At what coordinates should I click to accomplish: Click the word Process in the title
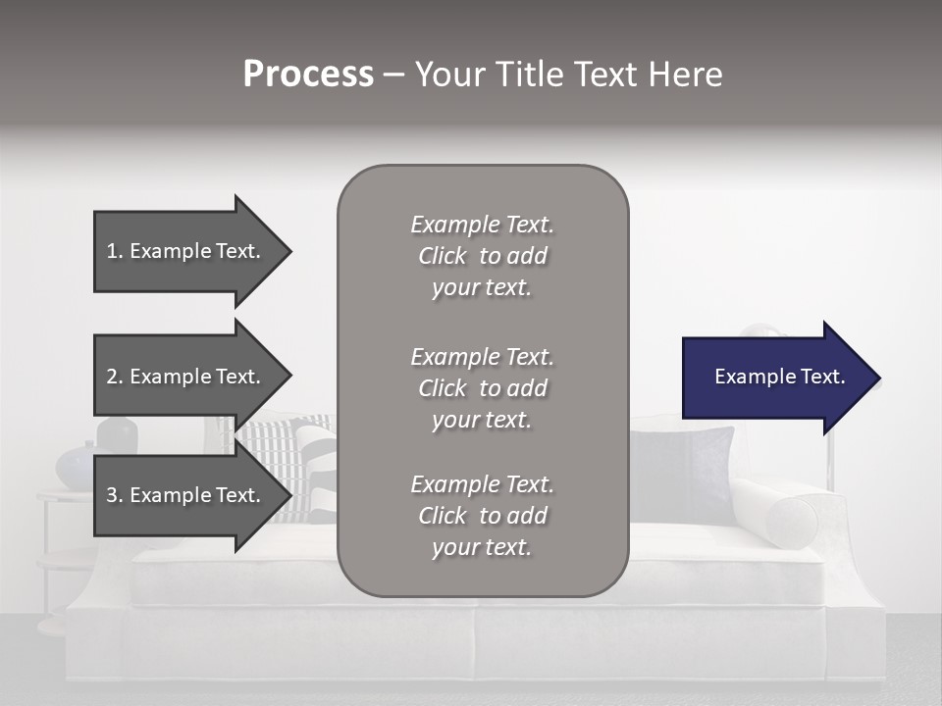pyautogui.click(x=308, y=74)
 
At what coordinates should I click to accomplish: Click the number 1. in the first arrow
pyautogui.click(x=115, y=251)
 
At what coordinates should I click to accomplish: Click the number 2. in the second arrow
pyautogui.click(x=115, y=377)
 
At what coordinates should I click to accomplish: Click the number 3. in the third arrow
pyautogui.click(x=115, y=495)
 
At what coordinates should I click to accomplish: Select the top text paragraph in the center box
pyautogui.click(x=482, y=256)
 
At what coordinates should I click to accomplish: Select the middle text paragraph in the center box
pyautogui.click(x=482, y=388)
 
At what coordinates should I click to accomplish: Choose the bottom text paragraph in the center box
pyautogui.click(x=482, y=516)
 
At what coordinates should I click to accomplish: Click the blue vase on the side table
pyautogui.click(x=77, y=465)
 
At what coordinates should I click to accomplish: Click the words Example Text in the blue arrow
pyautogui.click(x=780, y=377)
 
